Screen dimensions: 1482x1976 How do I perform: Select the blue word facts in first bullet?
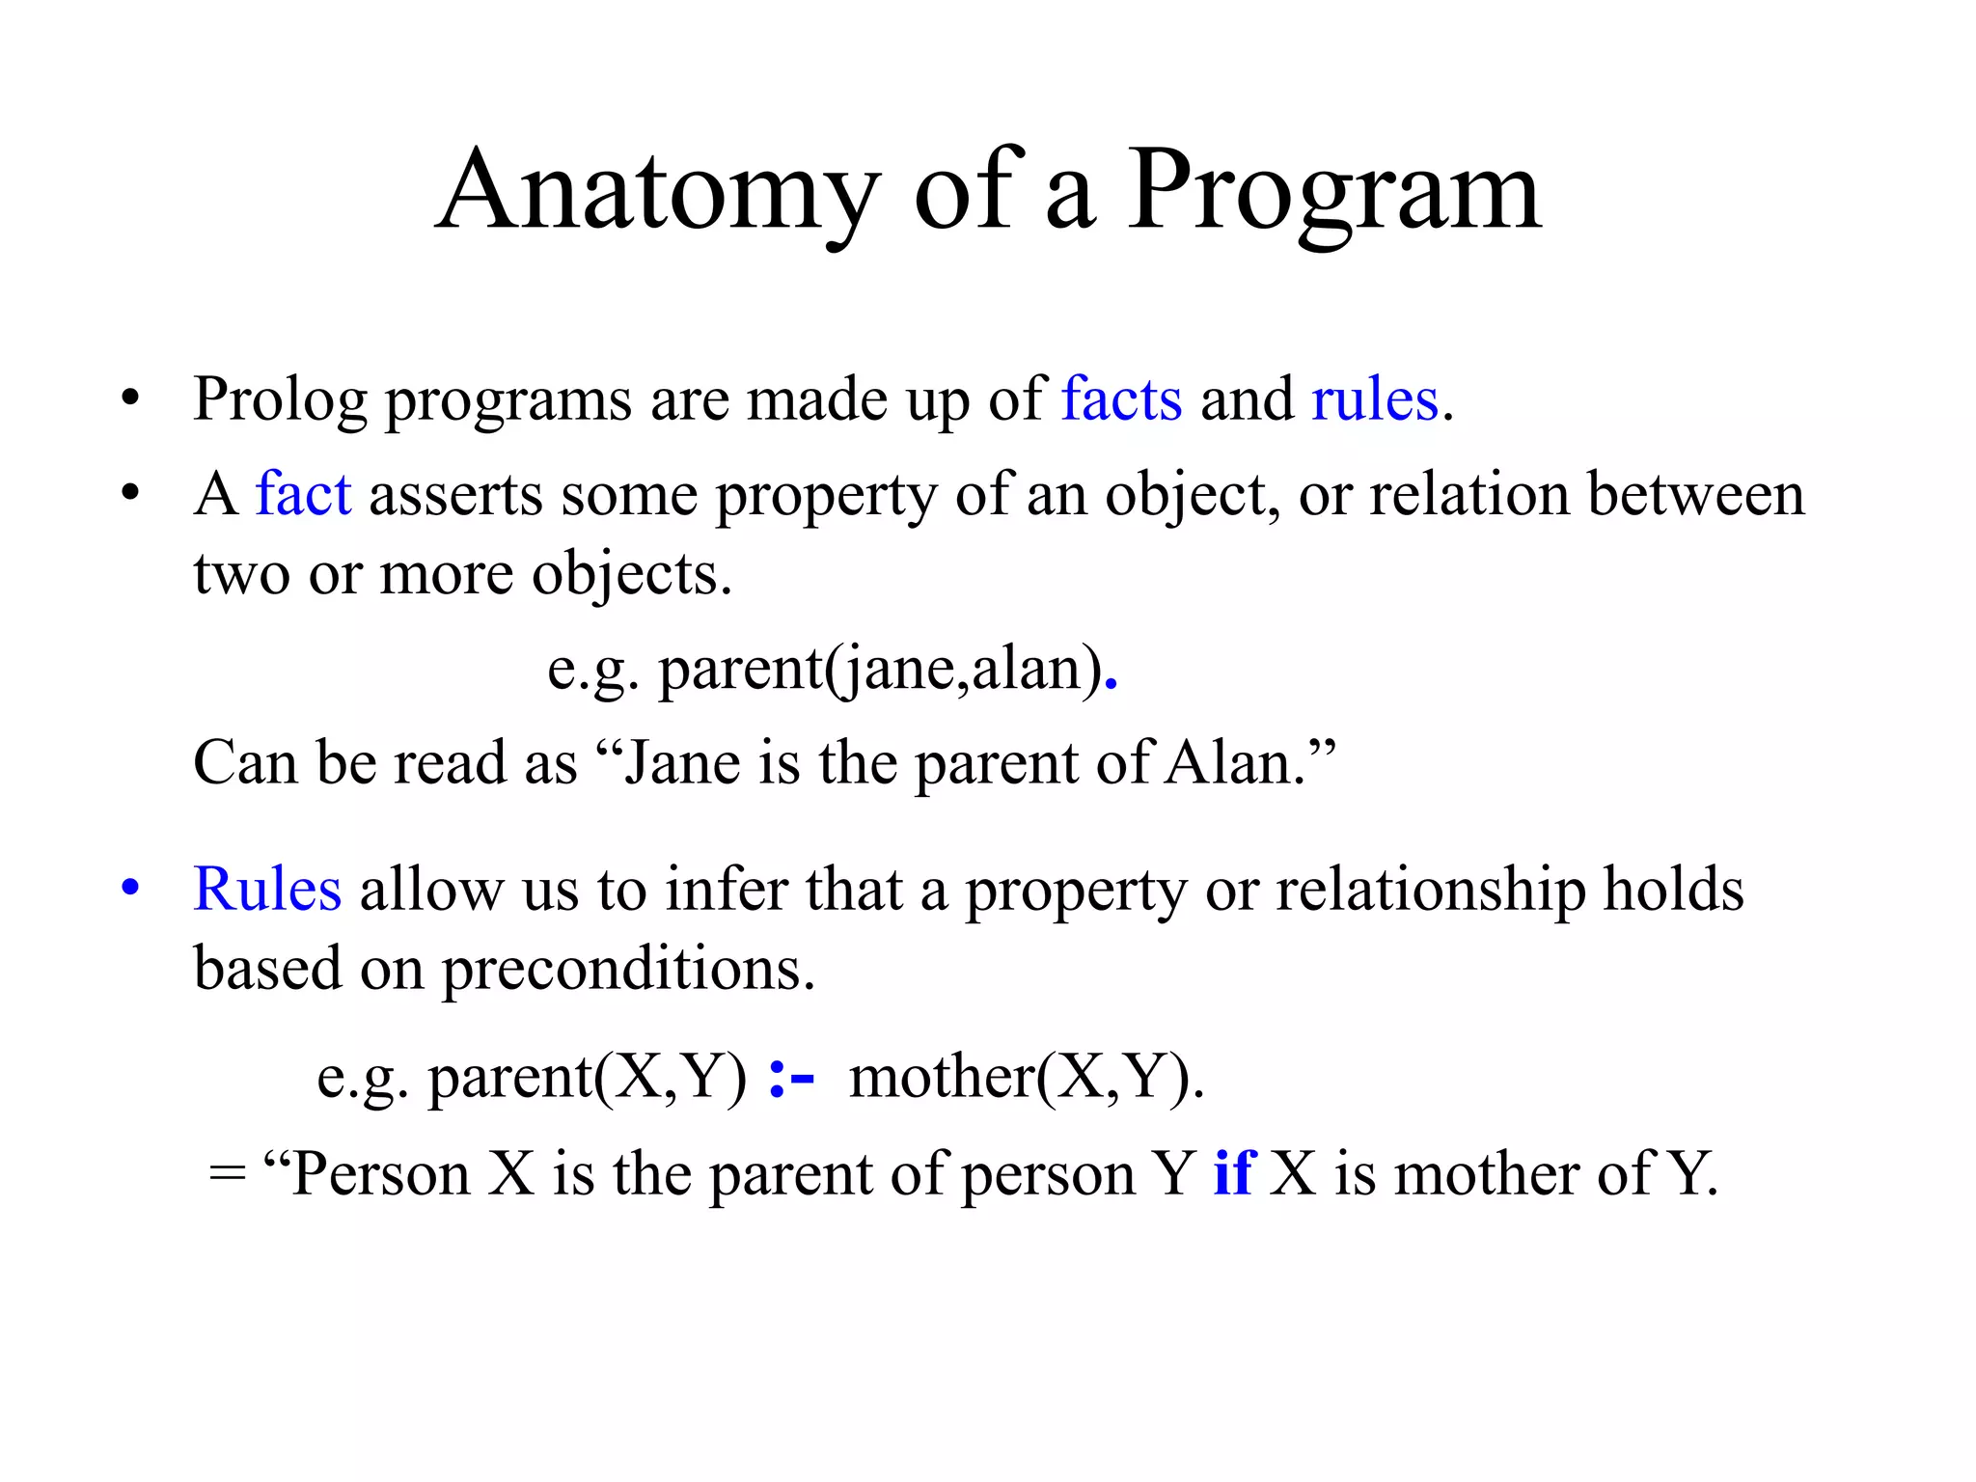1121,399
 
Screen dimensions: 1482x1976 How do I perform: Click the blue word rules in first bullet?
1375,399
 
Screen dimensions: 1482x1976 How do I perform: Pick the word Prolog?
280,401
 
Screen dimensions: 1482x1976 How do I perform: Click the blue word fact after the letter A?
303,494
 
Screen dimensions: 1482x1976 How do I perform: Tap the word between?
1695,494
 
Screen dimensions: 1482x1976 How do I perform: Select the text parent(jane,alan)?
880,670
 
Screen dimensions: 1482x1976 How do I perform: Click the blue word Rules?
267,889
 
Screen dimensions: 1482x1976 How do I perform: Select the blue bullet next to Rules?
131,888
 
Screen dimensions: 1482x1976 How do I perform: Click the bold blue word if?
1234,1174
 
